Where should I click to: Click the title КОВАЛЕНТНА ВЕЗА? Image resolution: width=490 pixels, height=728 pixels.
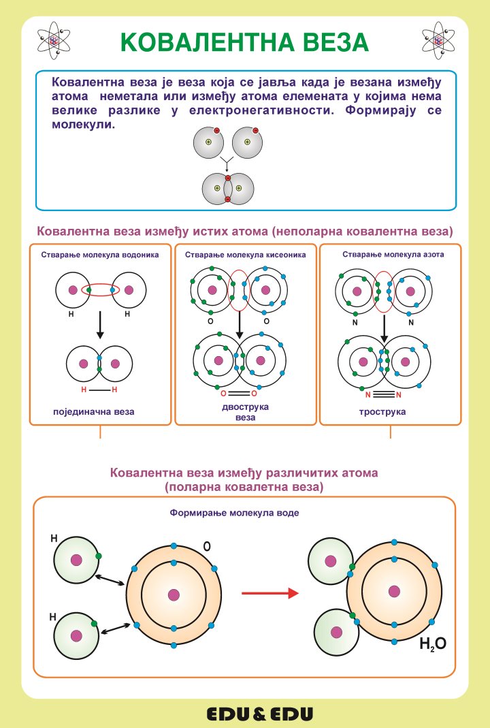point(244,42)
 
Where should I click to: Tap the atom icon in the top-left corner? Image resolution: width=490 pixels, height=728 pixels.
point(53,41)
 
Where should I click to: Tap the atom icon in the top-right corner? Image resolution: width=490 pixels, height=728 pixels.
point(438,41)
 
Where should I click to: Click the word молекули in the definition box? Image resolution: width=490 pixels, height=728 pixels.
point(84,125)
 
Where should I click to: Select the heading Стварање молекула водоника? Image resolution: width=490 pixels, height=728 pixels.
point(100,255)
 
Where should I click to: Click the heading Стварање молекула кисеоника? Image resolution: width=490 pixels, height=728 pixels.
point(246,255)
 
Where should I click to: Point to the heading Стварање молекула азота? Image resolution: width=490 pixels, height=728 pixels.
point(393,255)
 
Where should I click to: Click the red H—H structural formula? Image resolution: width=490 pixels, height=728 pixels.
point(99,390)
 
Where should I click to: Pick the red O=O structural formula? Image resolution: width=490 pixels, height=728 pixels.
point(238,394)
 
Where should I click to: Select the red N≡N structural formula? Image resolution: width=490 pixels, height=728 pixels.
point(382,394)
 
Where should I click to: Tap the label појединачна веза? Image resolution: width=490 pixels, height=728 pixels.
point(94,412)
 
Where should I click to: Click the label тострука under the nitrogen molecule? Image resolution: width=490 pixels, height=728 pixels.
point(382,412)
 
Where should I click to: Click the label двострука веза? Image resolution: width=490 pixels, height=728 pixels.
point(246,412)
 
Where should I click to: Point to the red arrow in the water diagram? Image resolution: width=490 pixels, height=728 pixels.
point(270,593)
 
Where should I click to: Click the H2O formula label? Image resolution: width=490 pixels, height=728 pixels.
point(433,644)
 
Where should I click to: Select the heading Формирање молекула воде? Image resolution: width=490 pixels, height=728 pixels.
point(234,513)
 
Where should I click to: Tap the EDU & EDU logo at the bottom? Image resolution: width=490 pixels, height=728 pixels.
point(260,714)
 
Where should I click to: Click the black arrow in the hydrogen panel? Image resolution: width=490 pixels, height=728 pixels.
point(100,325)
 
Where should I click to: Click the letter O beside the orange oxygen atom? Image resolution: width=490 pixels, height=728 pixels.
point(207,546)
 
